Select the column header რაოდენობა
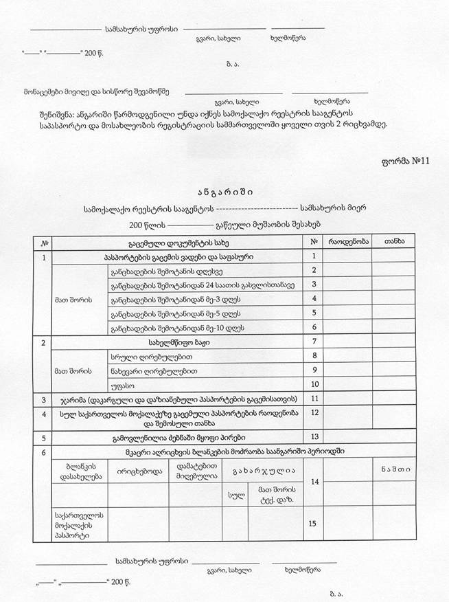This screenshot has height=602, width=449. pyautogui.click(x=349, y=242)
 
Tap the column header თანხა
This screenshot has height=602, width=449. pyautogui.click(x=395, y=242)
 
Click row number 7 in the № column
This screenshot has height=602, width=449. pyautogui.click(x=313, y=342)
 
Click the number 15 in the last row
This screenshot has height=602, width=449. pyautogui.click(x=313, y=524)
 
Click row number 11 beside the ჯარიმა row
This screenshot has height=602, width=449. pyautogui.click(x=313, y=398)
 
